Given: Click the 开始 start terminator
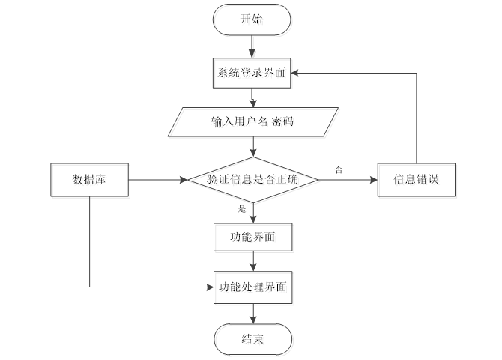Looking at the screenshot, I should pyautogui.click(x=252, y=19).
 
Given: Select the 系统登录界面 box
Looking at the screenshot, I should pyautogui.click(x=252, y=73).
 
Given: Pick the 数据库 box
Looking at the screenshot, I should pyautogui.click(x=88, y=180).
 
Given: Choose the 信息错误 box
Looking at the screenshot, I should pyautogui.click(x=415, y=180).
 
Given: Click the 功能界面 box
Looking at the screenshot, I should pyautogui.click(x=252, y=238).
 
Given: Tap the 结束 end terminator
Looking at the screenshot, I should pyautogui.click(x=252, y=338).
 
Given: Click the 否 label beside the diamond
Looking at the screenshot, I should pyautogui.click(x=339, y=170).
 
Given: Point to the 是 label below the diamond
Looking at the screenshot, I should pyautogui.click(x=242, y=209).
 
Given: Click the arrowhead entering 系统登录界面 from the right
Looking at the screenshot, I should pyautogui.click(x=297, y=73).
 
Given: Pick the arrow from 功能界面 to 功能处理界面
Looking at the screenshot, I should pyautogui.click(x=252, y=262).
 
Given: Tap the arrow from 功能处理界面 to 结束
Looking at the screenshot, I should pyautogui.click(x=252, y=312).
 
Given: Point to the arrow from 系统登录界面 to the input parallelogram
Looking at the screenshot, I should pyautogui.click(x=252, y=97).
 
